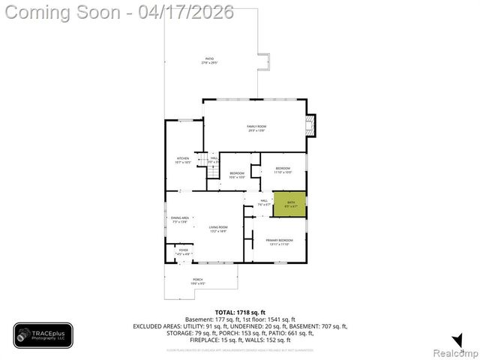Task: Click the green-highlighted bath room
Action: (289, 204)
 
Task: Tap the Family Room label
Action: (257, 127)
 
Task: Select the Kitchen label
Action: (183, 159)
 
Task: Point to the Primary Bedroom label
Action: (279, 241)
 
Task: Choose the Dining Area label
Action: (180, 219)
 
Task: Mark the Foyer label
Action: (183, 253)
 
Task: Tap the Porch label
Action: (198, 280)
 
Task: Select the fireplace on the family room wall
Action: (312, 126)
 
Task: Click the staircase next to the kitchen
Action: (212, 173)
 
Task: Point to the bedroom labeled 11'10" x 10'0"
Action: (283, 169)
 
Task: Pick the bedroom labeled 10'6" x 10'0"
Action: (237, 175)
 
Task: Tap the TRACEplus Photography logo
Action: (43, 335)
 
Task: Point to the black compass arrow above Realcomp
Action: (457, 340)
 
